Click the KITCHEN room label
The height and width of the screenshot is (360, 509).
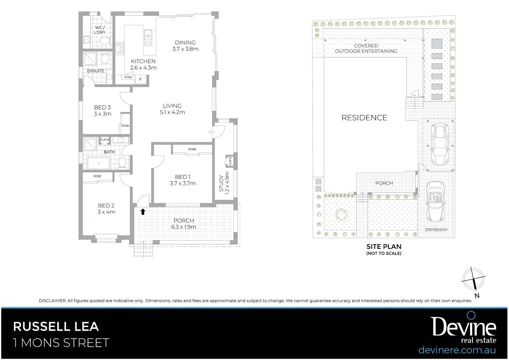click(x=143, y=64)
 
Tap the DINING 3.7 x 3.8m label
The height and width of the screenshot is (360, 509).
click(x=185, y=46)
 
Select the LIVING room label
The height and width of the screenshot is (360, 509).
click(x=172, y=109)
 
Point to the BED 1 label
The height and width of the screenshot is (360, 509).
click(x=183, y=180)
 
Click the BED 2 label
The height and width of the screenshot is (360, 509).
click(x=106, y=209)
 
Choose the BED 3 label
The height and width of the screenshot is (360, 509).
click(x=102, y=110)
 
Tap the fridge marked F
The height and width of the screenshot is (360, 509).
click(x=141, y=79)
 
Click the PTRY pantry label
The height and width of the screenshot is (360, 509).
click(x=129, y=78)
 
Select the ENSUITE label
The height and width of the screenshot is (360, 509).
click(x=96, y=71)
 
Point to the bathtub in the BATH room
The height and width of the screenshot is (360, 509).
click(x=99, y=163)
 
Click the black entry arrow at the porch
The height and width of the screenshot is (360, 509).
click(x=143, y=211)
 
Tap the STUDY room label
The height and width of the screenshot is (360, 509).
click(x=224, y=183)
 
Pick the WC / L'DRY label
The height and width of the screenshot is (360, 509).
click(x=100, y=30)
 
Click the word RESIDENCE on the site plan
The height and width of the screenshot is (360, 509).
click(x=364, y=118)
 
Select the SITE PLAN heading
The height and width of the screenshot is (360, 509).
click(x=384, y=247)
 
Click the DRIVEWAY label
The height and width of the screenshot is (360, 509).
click(x=436, y=230)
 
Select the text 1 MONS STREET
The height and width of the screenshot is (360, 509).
click(x=61, y=343)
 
